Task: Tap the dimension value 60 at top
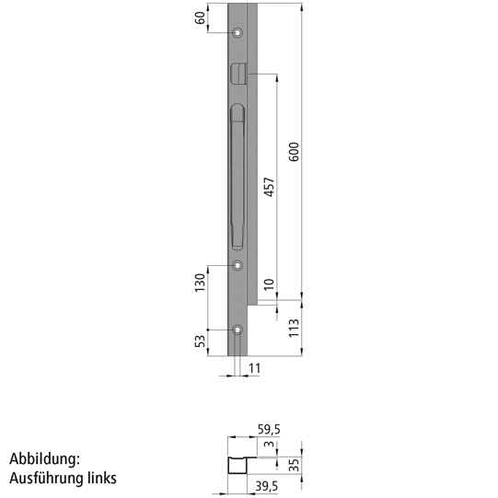tap(200, 17)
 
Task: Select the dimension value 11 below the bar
tap(255, 369)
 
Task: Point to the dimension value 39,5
tap(267, 487)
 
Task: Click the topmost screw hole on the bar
tap(238, 34)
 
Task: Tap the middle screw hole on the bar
tap(238, 265)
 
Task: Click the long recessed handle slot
tap(235, 175)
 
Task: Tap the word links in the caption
tap(98, 479)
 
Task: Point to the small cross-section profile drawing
tap(242, 462)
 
